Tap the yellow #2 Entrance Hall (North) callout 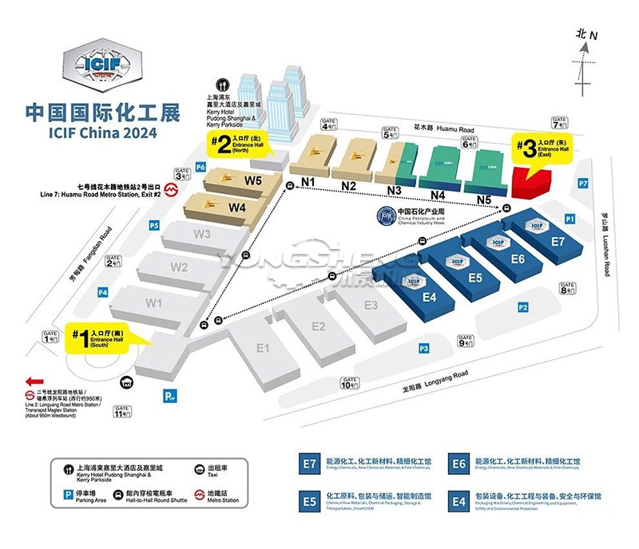239,144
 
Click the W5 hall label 254,180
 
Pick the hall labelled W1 154,303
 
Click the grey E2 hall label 318,326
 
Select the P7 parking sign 583,184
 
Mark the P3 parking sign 424,348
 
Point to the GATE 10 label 349,382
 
